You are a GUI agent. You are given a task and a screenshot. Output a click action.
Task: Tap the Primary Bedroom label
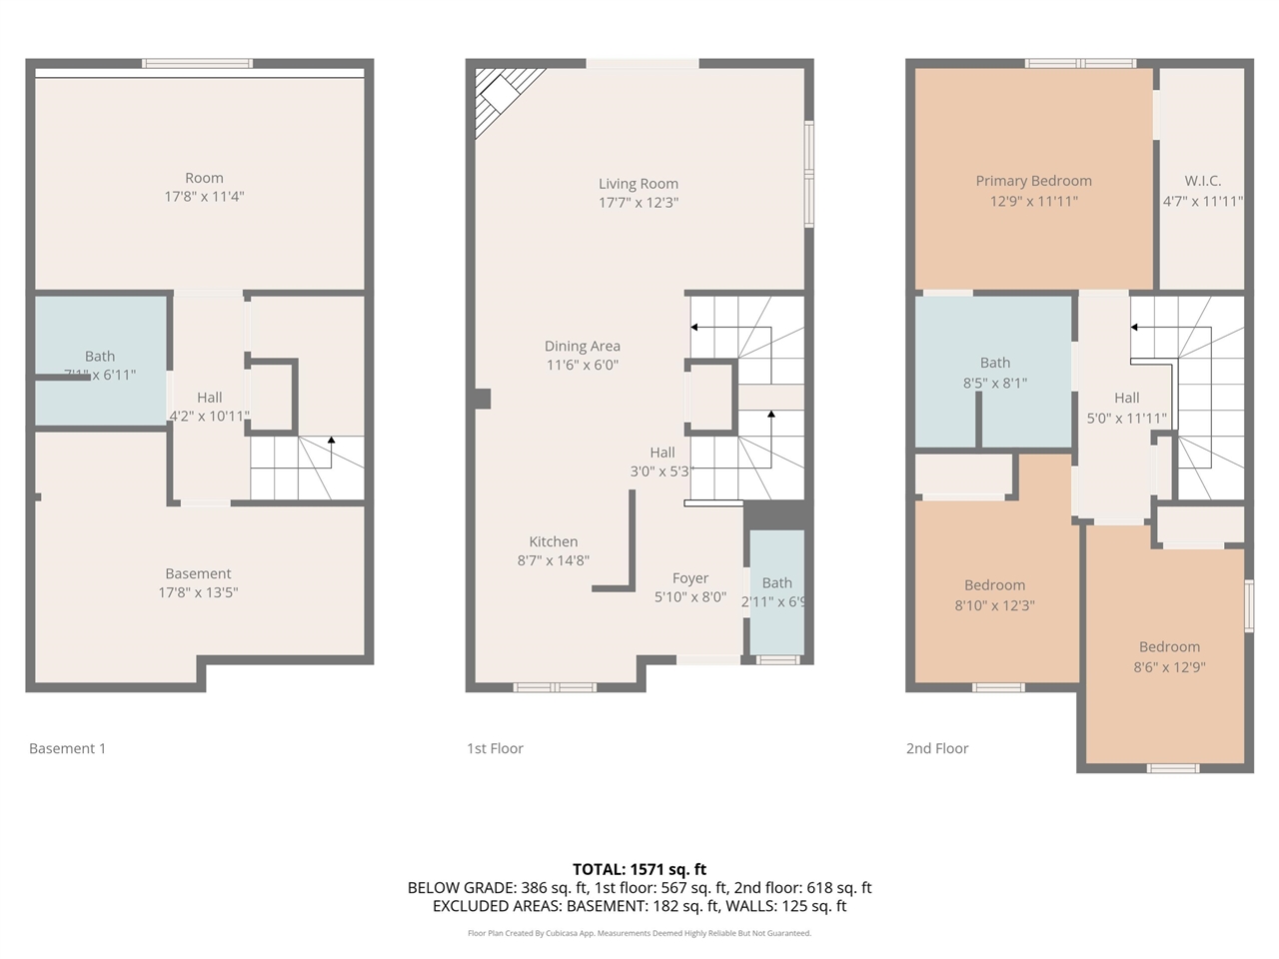tap(1033, 181)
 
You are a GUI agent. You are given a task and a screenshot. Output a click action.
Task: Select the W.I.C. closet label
tap(1202, 181)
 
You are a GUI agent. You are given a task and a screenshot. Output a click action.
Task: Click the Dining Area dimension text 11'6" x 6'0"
tap(583, 366)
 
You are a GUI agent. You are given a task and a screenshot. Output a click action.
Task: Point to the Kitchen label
tap(554, 541)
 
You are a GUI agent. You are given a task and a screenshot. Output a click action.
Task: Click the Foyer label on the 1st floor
tap(690, 578)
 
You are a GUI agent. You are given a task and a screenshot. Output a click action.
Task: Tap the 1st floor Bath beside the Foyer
tap(776, 589)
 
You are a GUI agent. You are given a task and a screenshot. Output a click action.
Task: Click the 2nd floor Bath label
tap(994, 363)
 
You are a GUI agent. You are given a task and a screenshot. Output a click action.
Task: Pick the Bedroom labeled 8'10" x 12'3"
tap(994, 595)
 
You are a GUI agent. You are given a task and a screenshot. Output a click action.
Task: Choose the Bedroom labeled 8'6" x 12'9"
tap(1169, 657)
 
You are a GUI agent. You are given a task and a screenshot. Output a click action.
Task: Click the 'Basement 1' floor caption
tap(67, 748)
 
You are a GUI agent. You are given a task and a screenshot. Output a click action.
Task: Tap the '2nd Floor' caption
tap(937, 748)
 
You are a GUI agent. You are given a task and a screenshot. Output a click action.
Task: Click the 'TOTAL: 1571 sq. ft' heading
tap(639, 869)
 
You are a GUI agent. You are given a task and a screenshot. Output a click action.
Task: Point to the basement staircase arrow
tap(331, 442)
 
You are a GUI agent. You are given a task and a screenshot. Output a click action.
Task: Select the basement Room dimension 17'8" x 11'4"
tap(204, 197)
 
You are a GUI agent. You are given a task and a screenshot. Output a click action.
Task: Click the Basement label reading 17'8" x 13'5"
tap(198, 583)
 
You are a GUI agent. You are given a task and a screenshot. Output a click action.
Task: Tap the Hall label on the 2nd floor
tap(1126, 398)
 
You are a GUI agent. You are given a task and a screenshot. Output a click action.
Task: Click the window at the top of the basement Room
tap(197, 64)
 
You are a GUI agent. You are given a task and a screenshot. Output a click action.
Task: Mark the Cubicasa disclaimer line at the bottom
tap(639, 933)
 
